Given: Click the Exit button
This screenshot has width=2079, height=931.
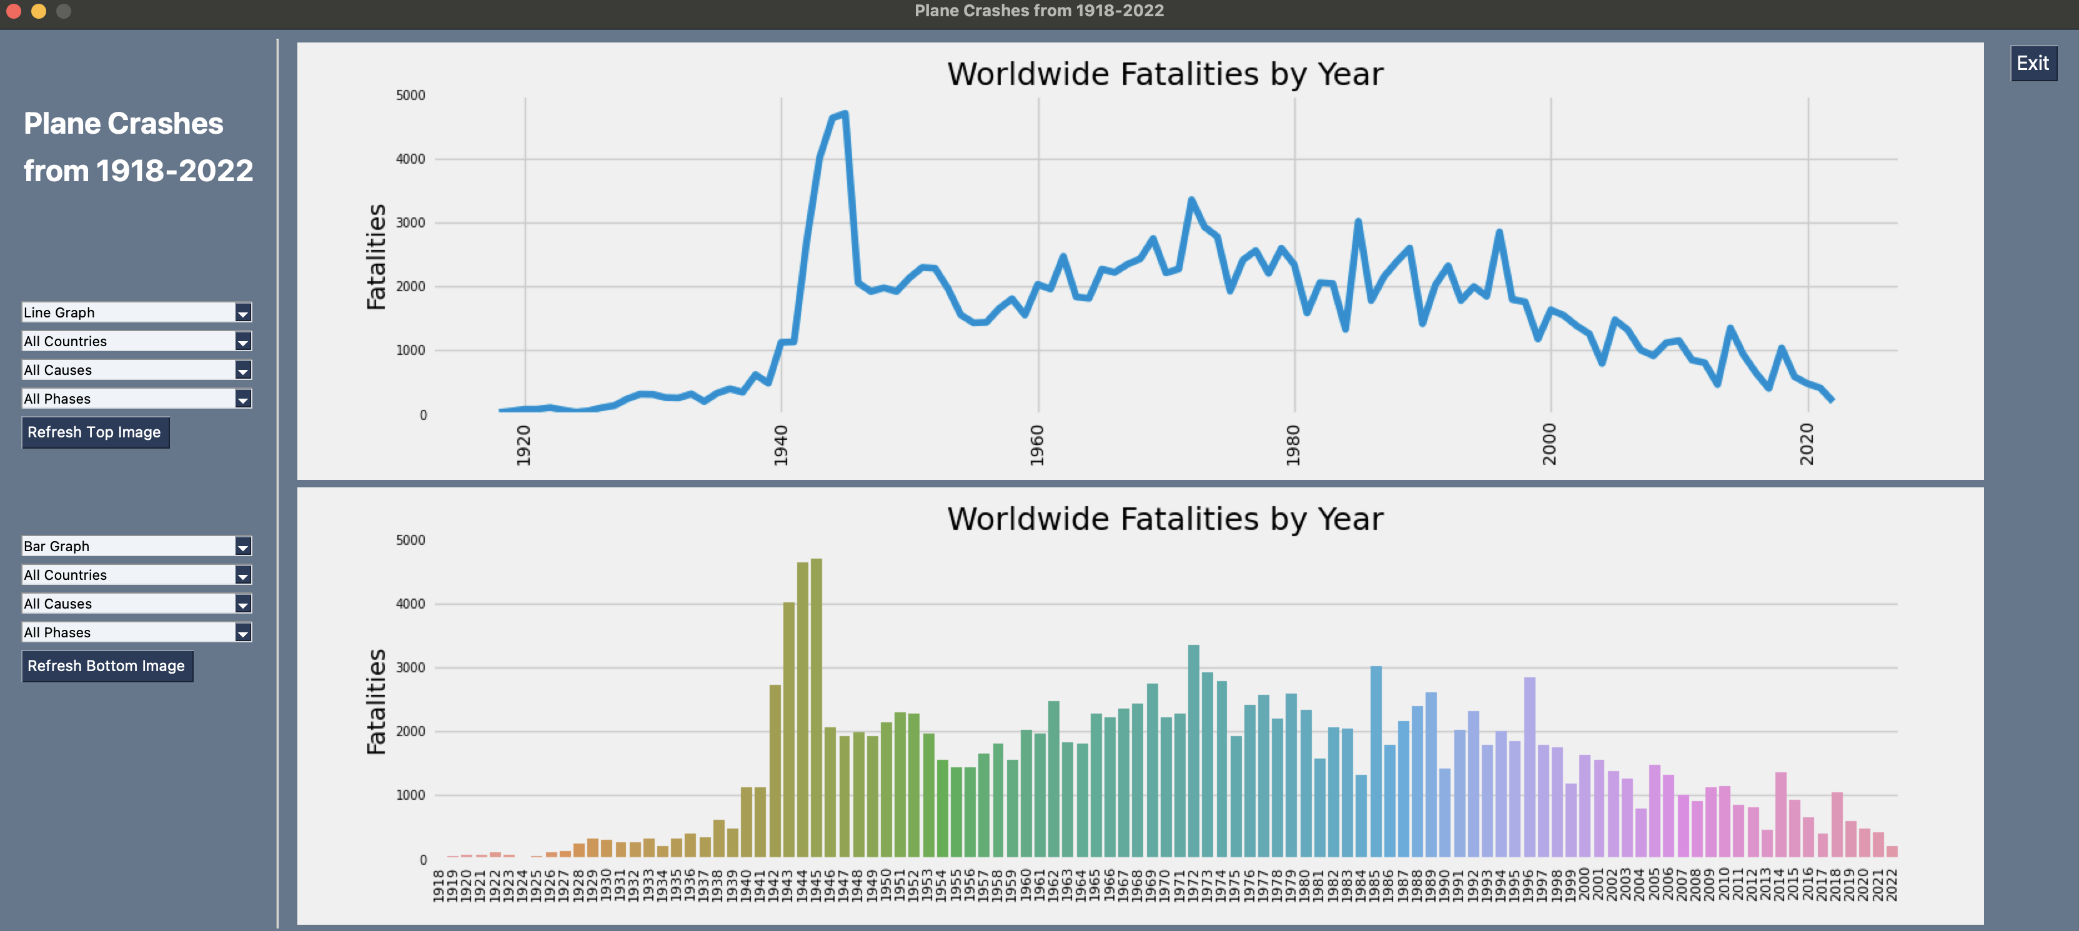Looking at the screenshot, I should pos(2032,64).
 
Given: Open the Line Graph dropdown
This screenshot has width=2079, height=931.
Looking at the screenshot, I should pos(136,312).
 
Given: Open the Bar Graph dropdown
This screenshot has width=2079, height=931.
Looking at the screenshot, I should pos(136,547).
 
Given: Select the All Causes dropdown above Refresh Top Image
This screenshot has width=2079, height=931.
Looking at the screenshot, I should pos(136,370).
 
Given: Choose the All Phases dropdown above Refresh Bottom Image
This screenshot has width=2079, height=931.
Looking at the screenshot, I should pos(136,633).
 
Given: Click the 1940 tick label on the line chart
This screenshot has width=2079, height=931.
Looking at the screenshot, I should pos(780,445).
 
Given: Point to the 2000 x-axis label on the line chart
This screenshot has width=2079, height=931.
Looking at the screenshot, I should pos(1549,444).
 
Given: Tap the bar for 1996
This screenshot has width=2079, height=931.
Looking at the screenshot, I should pos(1529,767).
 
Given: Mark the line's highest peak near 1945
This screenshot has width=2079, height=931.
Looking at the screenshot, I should pos(844,114).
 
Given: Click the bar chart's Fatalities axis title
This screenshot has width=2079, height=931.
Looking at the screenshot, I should pos(376,701).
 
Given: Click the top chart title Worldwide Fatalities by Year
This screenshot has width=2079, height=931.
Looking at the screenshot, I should pos(1164,74).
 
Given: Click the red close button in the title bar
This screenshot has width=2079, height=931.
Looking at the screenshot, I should pos(14,11).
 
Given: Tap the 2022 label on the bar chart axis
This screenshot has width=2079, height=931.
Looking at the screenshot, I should pos(1891,885).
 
